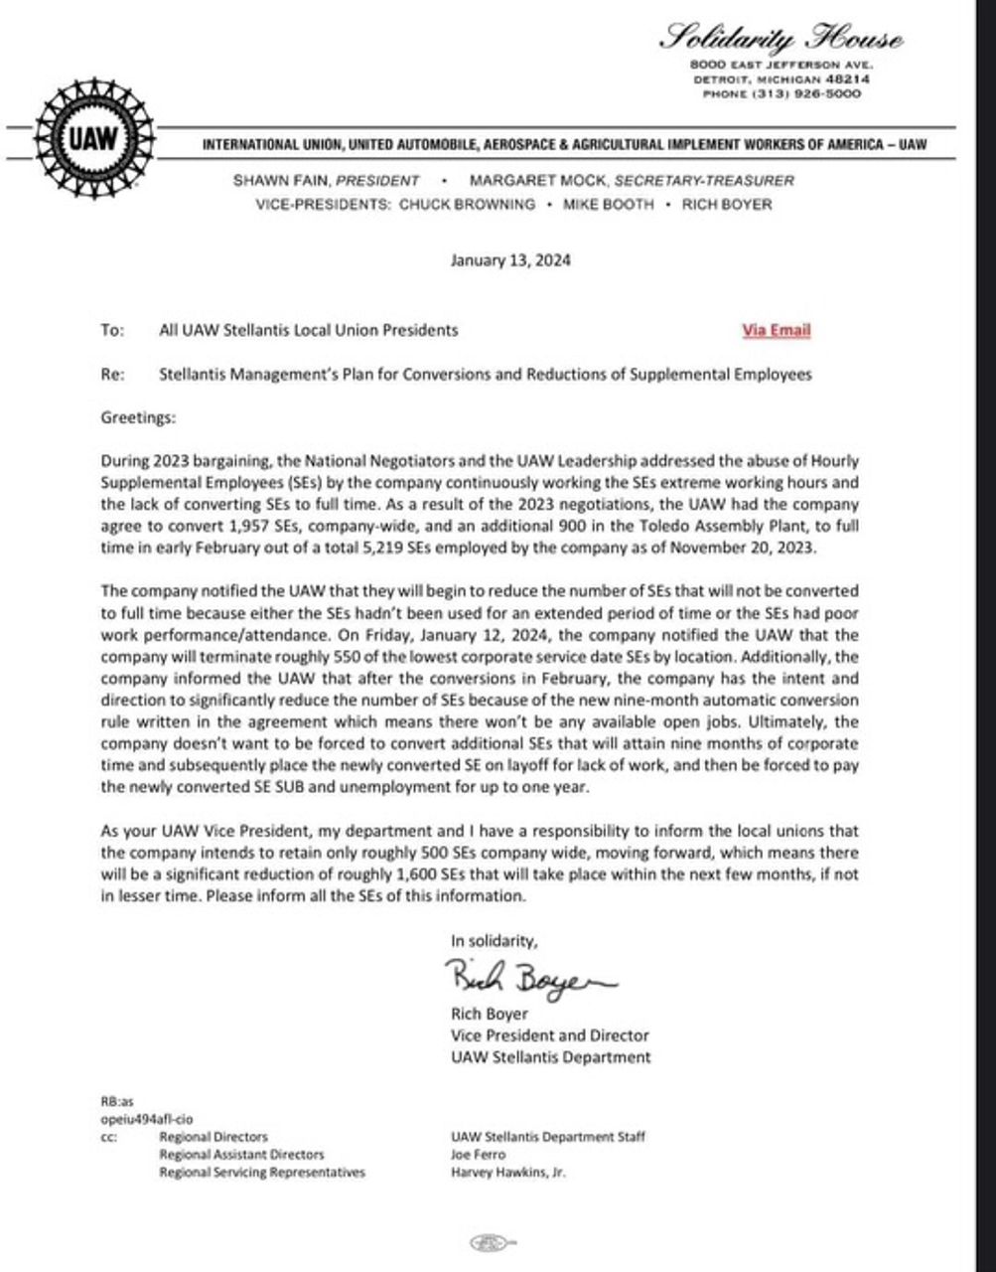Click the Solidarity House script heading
point(783,41)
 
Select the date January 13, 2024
point(510,261)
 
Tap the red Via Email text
point(776,330)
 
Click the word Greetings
point(138,417)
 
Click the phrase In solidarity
point(494,940)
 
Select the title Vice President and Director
point(549,1035)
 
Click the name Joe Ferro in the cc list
point(478,1155)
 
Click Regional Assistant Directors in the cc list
point(241,1155)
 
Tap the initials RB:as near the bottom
point(117,1101)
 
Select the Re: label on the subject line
point(112,375)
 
